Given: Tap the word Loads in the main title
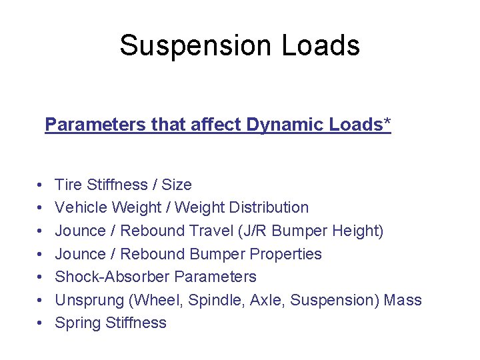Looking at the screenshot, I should point(321,45).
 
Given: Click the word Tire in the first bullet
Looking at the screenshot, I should point(67,185).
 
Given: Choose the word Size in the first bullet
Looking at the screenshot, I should point(177,185).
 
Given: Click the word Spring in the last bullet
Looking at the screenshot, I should point(75,323).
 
